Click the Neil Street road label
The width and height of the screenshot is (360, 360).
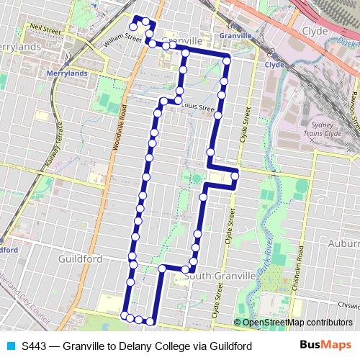tap(45, 30)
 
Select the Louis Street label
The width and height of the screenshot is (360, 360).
tap(198, 107)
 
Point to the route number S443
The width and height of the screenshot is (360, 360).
tap(35, 346)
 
